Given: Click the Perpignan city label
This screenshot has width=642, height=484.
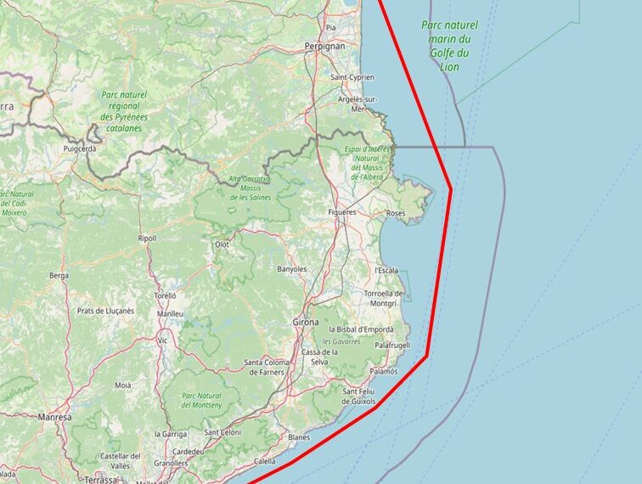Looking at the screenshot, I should pyautogui.click(x=325, y=46).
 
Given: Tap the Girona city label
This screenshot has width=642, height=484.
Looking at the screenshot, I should pyautogui.click(x=306, y=323).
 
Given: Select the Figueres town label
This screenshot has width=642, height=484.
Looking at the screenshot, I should pyautogui.click(x=342, y=212).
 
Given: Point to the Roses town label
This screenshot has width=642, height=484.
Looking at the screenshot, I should pyautogui.click(x=396, y=212).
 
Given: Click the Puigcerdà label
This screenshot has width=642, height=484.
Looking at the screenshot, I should pyautogui.click(x=80, y=148).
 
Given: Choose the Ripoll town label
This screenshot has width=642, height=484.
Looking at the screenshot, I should pyautogui.click(x=147, y=239).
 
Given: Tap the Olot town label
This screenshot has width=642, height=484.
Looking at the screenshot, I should pyautogui.click(x=222, y=245).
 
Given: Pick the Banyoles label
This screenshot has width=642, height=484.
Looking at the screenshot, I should pyautogui.click(x=291, y=269).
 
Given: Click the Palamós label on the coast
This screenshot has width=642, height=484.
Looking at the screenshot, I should pyautogui.click(x=384, y=372).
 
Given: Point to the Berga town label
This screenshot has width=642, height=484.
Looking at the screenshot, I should pyautogui.click(x=59, y=276).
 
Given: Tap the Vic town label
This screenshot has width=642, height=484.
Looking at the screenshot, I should pyautogui.click(x=162, y=340).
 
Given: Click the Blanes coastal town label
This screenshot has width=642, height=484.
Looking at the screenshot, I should pyautogui.click(x=299, y=437).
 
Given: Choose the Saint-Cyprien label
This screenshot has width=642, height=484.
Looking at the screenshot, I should pyautogui.click(x=352, y=77).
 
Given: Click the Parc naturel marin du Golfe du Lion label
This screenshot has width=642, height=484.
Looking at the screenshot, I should pyautogui.click(x=450, y=46).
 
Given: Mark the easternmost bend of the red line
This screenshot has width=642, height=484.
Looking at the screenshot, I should pyautogui.click(x=450, y=189).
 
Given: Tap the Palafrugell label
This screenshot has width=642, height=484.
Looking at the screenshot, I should pyautogui.click(x=392, y=346).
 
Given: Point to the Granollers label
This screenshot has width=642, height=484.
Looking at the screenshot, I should pyautogui.click(x=171, y=464).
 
